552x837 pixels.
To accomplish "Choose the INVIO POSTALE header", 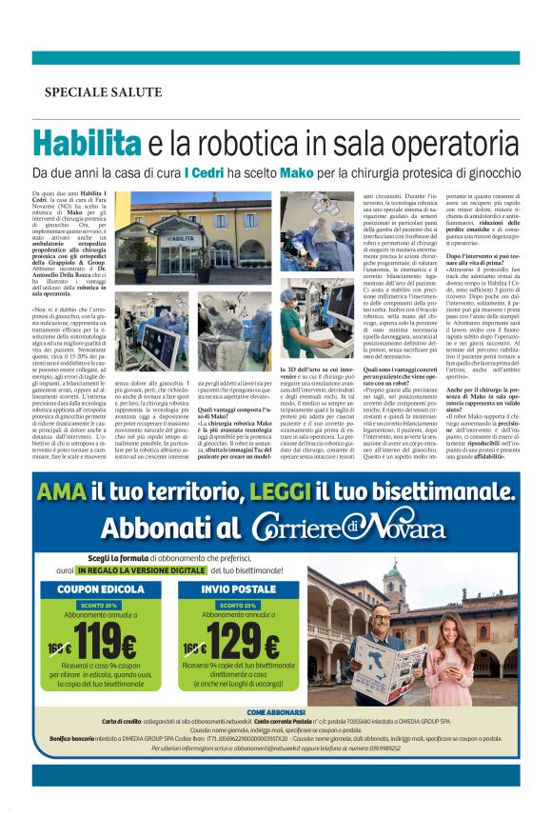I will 239,589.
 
